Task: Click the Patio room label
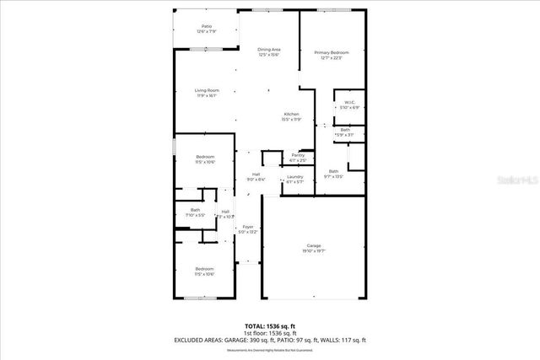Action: tap(207, 26)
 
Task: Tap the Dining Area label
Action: tap(269, 50)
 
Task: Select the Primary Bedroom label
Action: tap(332, 53)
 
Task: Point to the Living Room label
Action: tap(207, 90)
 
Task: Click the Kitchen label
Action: tap(291, 114)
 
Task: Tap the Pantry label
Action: tap(298, 155)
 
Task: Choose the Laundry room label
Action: tap(294, 176)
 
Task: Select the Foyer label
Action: tap(248, 227)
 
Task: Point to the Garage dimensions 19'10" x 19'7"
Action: tap(313, 251)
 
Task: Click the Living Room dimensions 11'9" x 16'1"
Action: tap(207, 95)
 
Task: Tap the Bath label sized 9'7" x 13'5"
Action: tap(333, 171)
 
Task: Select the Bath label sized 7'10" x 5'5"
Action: tap(195, 210)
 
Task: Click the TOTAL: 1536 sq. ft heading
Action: tap(269, 325)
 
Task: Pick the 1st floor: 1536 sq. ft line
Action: tap(269, 332)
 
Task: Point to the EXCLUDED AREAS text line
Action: tap(269, 340)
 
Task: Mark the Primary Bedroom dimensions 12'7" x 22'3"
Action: tap(332, 58)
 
